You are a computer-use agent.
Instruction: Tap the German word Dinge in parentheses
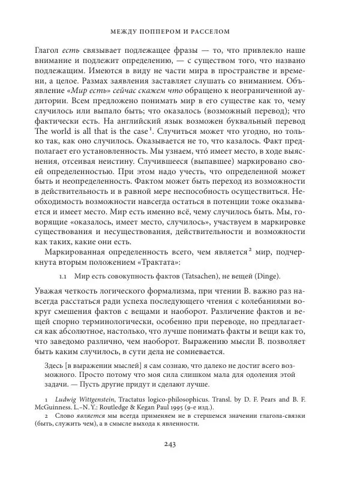(284, 277)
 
